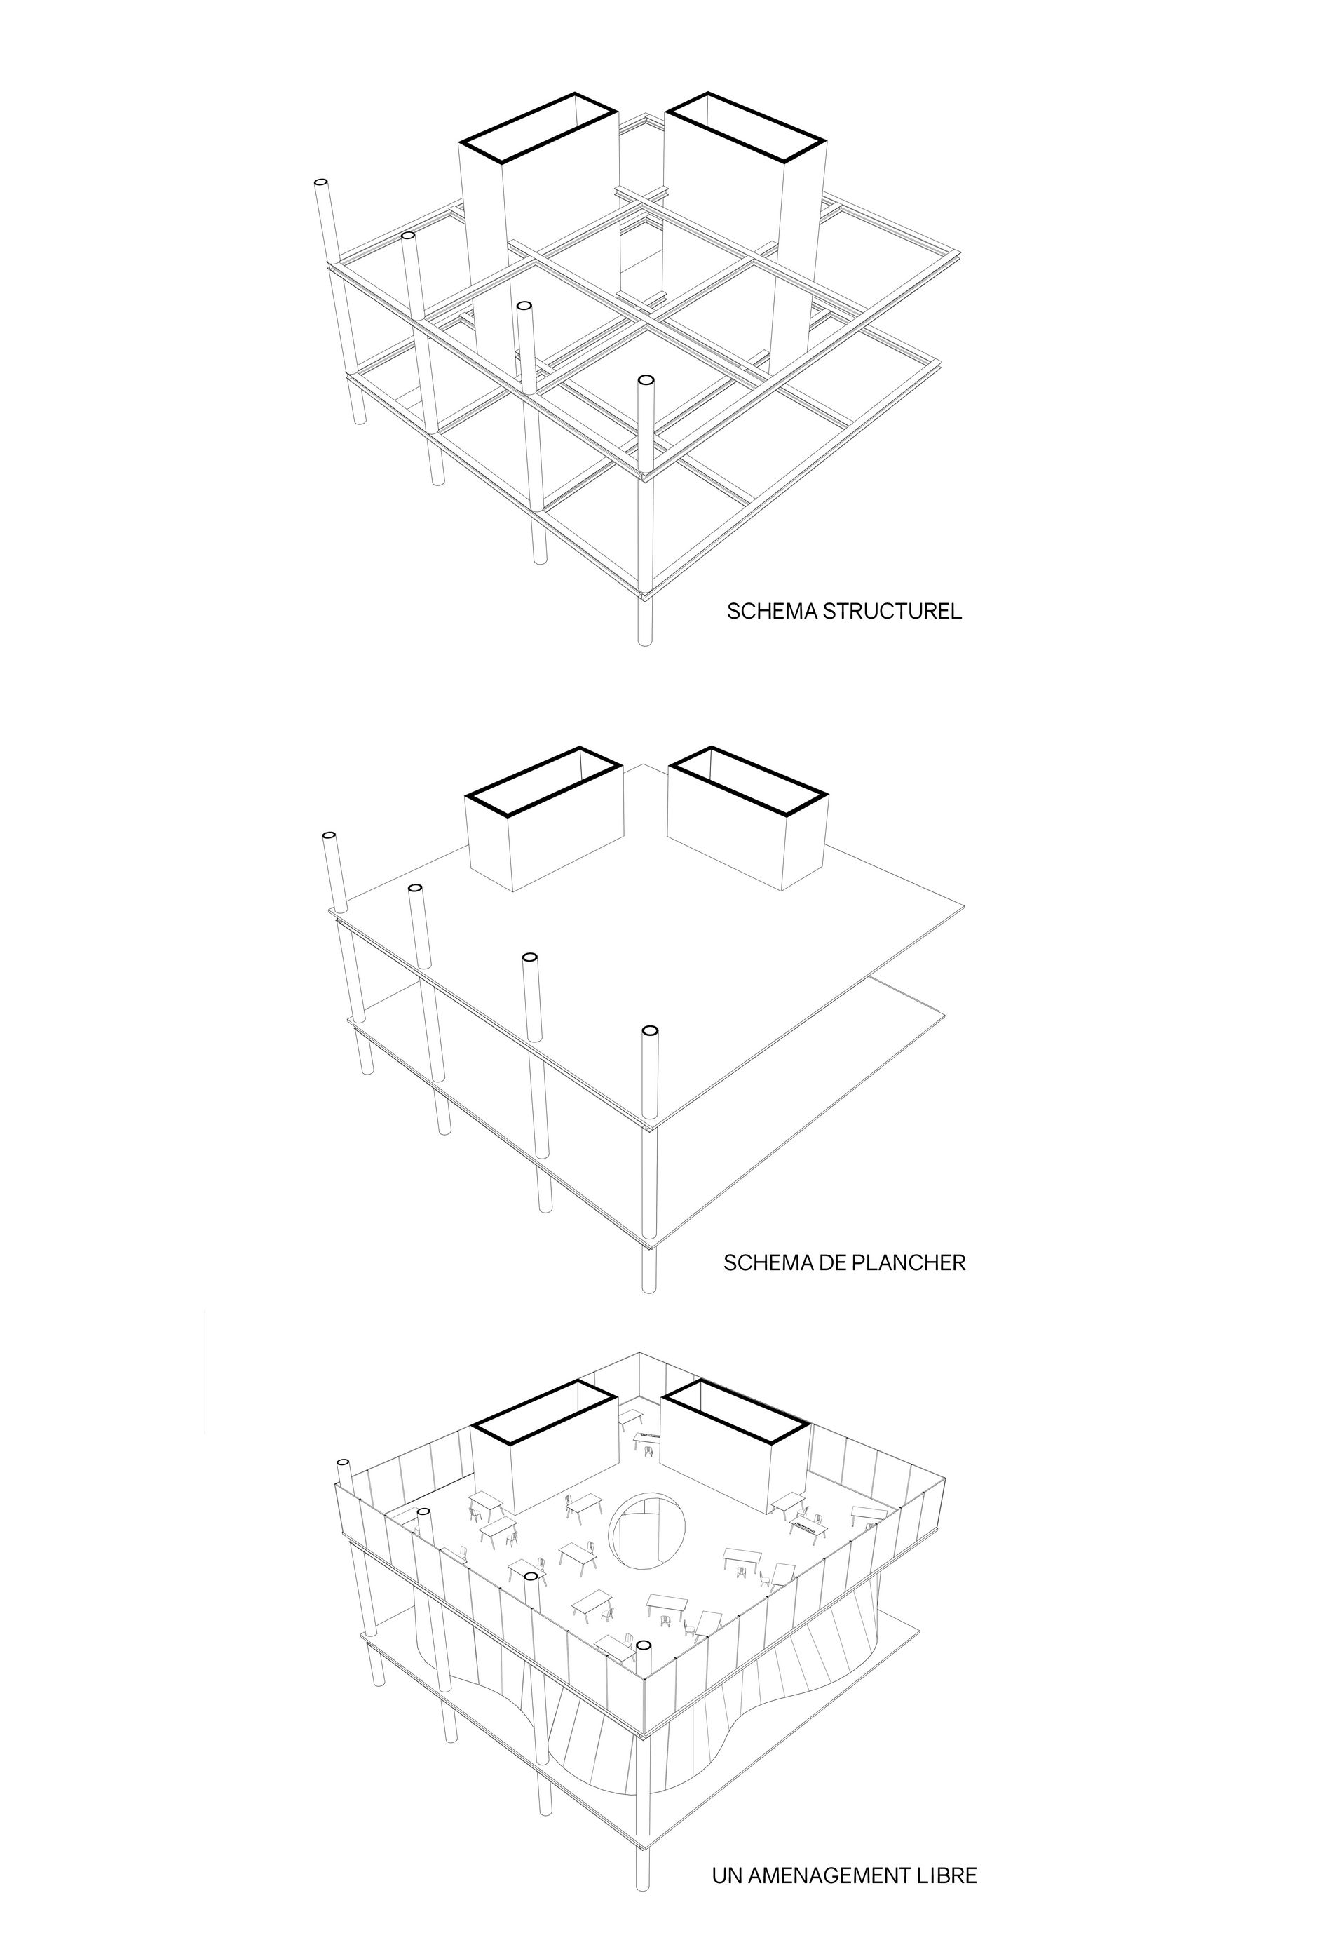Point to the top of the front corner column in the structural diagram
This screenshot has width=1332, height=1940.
click(x=645, y=382)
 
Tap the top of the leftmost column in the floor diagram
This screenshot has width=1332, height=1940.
click(x=329, y=835)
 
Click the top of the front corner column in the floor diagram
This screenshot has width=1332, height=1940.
click(x=649, y=1032)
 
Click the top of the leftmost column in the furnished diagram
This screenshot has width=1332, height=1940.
click(x=343, y=1464)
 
